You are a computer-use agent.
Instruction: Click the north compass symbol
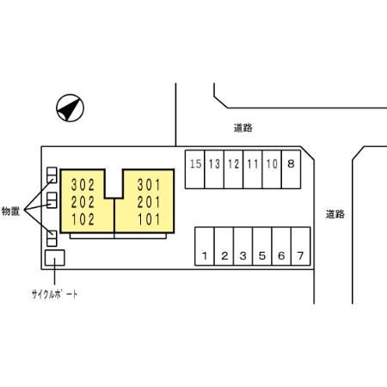[70, 108]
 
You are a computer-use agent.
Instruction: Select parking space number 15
[195, 169]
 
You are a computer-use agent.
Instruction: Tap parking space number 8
[292, 169]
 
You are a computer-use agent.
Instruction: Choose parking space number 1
[205, 246]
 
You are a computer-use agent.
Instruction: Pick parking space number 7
[301, 246]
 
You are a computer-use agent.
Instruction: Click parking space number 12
[233, 169]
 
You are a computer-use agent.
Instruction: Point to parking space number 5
[262, 246]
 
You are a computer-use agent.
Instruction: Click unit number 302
[83, 185]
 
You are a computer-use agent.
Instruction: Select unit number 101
[149, 219]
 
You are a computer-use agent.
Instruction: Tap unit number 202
[83, 202]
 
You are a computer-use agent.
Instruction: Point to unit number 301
[149, 185]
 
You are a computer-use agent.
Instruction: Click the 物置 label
[10, 212]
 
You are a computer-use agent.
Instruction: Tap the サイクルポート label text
[54, 294]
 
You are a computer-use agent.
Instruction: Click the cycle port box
[55, 258]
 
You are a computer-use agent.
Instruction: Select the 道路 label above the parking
[243, 128]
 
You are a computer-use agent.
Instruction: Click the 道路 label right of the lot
[335, 214]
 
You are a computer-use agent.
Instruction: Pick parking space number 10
[272, 169]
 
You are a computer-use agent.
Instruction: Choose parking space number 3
[243, 246]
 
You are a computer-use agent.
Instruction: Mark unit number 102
[83, 219]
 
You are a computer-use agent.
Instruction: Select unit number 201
[149, 202]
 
